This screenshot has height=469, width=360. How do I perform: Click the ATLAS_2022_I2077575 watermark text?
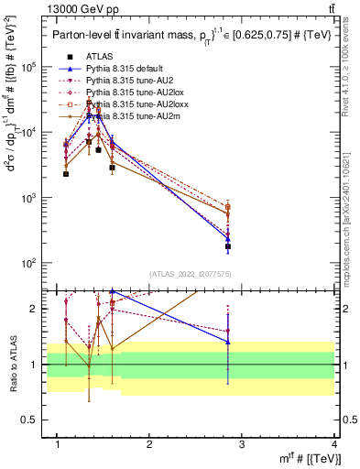pos(191,274)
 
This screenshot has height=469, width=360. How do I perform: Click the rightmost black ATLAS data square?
pos(228,246)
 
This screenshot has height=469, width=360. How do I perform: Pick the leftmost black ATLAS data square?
pos(66,174)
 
